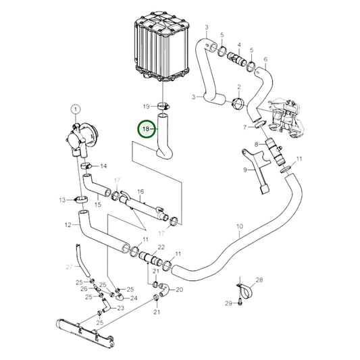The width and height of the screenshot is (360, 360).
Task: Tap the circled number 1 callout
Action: pos(75,109)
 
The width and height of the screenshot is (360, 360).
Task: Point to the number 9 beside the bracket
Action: pos(246,171)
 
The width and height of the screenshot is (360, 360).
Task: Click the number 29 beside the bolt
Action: pos(228,303)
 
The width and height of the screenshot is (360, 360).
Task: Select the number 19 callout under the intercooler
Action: pos(145,106)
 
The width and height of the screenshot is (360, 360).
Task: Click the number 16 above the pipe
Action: pos(140,192)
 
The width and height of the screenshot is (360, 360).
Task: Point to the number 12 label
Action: pos(68,225)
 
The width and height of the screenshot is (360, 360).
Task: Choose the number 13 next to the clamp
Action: pos(61,199)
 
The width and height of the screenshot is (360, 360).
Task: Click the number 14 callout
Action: pos(103,165)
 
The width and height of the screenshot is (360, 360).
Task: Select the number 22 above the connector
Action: pos(161,247)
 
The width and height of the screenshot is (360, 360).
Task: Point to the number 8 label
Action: pos(256,144)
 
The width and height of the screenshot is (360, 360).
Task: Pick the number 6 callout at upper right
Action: pos(265,59)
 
